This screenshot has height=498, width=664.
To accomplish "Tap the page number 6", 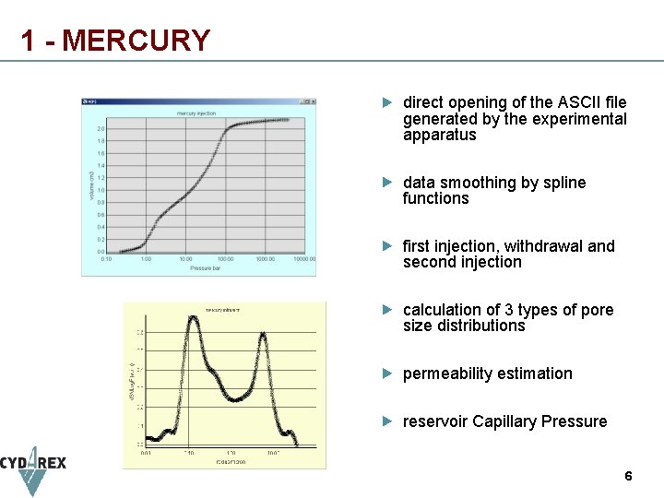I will coord(628,477).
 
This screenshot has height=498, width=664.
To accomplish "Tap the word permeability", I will coord(445,373).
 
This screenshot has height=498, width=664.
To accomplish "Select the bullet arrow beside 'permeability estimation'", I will coord(389,373).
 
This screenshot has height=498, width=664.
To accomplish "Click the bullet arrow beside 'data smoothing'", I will coord(389,183).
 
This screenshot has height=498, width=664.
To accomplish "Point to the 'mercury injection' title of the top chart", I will coord(197,113).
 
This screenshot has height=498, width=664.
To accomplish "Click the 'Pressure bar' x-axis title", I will coord(205,267).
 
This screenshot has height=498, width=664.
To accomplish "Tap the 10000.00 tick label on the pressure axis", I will coord(304,259).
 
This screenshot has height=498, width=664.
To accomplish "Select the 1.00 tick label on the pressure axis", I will coord(146,259).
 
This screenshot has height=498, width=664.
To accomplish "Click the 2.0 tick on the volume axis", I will coord(101,128).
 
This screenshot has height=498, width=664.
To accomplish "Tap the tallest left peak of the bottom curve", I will coord(194,319).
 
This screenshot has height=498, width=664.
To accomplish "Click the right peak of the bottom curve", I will coord(264,334).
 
